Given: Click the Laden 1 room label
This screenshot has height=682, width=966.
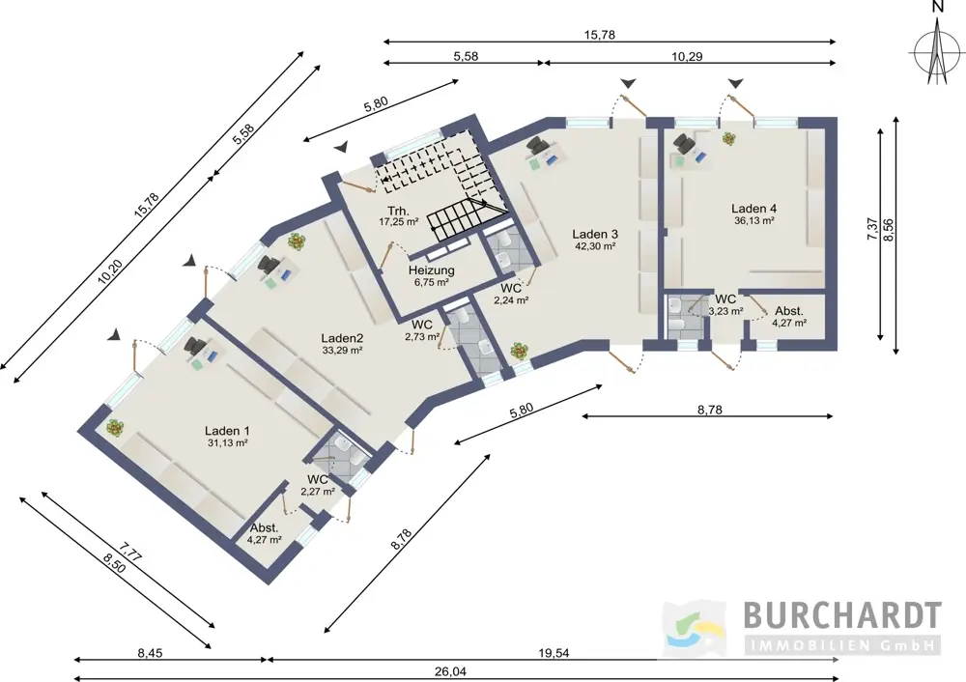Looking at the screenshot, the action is tap(227, 431).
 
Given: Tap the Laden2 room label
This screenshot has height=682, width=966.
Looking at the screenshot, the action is tap(342, 338).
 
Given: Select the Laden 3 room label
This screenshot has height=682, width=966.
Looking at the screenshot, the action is tap(594, 234).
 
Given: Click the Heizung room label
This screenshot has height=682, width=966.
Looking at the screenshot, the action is tap(431, 270).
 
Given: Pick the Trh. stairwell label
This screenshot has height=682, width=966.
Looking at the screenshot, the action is tap(399, 211).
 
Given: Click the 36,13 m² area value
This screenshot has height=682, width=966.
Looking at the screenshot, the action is tap(753, 220).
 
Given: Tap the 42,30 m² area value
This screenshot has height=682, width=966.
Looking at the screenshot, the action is tap(594, 246).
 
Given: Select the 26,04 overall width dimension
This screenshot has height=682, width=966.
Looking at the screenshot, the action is tap(450, 672).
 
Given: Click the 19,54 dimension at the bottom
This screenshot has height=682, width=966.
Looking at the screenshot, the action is tap(554, 653).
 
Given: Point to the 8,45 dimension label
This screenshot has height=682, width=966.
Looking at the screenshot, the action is tap(151, 653).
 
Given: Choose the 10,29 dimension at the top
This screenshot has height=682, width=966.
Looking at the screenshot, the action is tap(687, 57).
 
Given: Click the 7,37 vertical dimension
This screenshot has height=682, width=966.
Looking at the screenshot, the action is tap(872, 229).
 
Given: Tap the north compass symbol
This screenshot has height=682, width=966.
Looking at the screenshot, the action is tap(936, 52).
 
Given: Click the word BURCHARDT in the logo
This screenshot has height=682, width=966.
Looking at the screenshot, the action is tap(842, 614).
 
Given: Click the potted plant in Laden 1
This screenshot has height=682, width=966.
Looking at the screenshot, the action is tap(114, 427).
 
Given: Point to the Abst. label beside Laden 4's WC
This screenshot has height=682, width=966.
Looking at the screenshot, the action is tap(789, 311).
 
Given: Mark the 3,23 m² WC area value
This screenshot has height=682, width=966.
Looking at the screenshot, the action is tap(725, 312).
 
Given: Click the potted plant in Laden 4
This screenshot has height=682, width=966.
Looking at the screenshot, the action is tap(729, 138).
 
